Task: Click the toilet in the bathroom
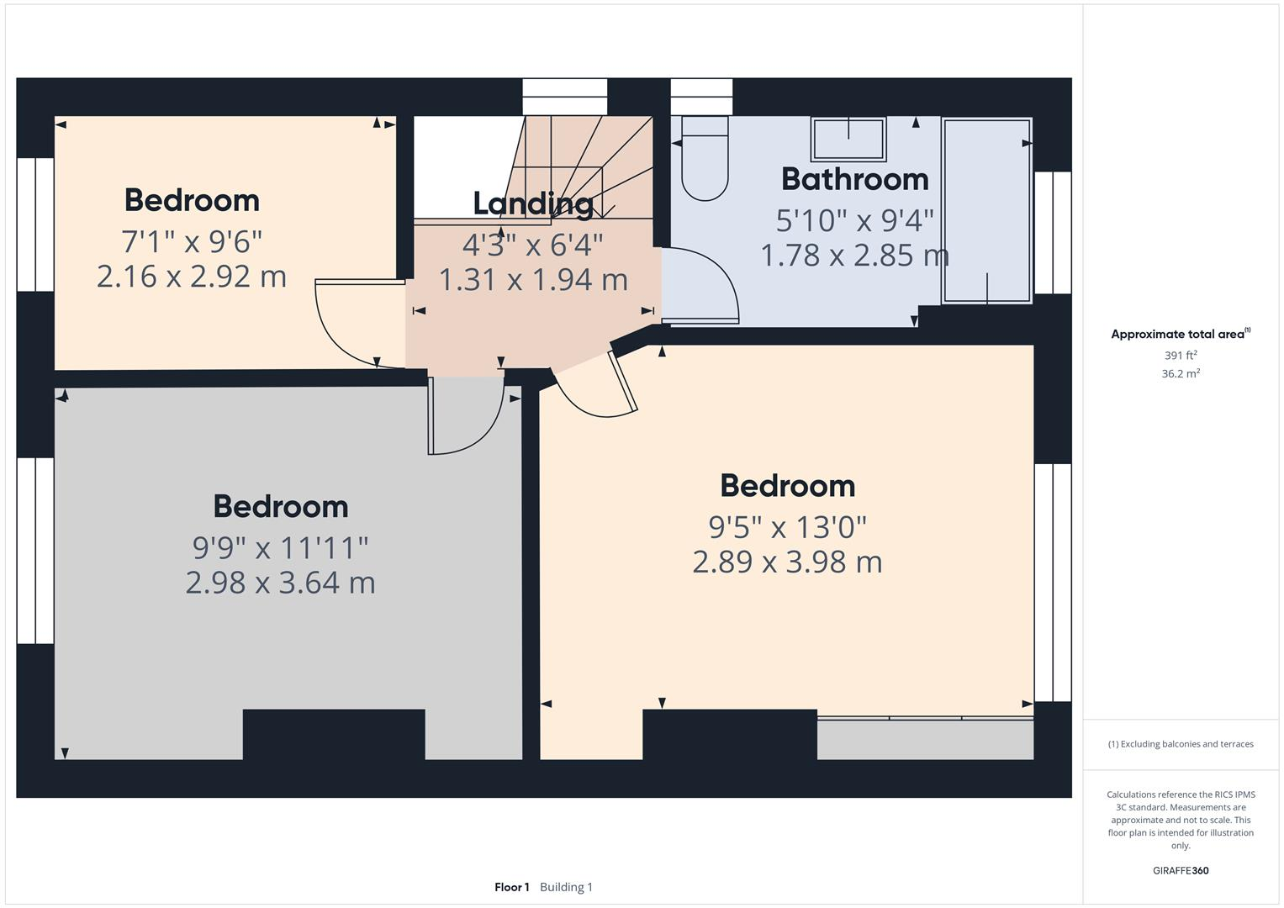click(705, 164)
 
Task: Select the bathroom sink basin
click(848, 139)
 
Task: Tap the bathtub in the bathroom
click(986, 210)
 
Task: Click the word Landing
click(533, 203)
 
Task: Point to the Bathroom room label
click(854, 179)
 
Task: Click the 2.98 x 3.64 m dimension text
click(280, 582)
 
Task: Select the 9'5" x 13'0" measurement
click(787, 527)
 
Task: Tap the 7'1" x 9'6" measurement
click(192, 242)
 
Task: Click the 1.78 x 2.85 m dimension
click(854, 255)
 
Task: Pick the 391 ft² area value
click(1181, 356)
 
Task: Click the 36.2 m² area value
click(1181, 374)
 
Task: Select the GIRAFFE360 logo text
click(1181, 870)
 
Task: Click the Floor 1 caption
click(511, 887)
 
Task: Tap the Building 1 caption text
click(566, 887)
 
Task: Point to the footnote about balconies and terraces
click(1181, 744)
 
